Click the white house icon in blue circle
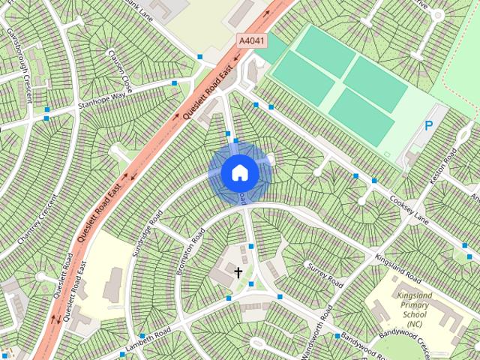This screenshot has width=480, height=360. coord(240,172)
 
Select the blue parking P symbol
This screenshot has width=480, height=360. coord(429,126)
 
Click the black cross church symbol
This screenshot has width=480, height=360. coord(238,272)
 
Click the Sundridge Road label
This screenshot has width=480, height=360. coord(147,233)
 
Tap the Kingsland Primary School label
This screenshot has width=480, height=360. coord(414,306)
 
